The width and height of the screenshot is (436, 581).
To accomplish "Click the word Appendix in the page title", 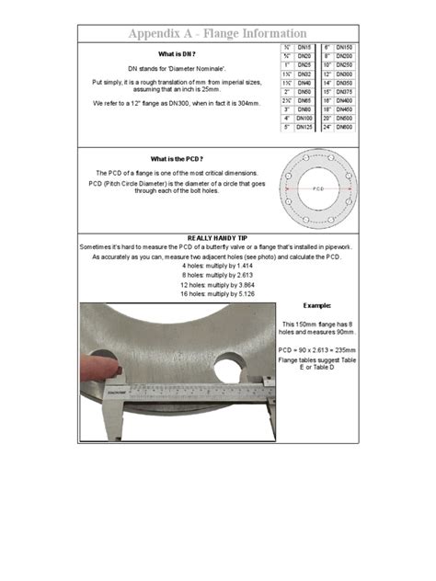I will pyautogui.click(x=159, y=34).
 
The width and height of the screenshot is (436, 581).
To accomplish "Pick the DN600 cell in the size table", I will pyautogui.click(x=345, y=128).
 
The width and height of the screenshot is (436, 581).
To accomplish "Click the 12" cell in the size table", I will pyautogui.click(x=327, y=74).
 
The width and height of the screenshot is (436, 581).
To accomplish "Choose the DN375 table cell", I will pyautogui.click(x=345, y=92).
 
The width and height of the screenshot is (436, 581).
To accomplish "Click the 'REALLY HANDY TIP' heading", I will pyautogui.click(x=217, y=236).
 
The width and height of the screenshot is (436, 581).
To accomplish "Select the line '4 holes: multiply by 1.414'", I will pyautogui.click(x=217, y=266).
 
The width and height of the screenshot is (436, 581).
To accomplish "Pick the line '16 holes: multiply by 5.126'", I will pyautogui.click(x=217, y=293).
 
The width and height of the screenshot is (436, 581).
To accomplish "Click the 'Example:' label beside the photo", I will pyautogui.click(x=316, y=304).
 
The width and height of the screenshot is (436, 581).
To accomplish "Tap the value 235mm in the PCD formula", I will pyautogui.click(x=343, y=350).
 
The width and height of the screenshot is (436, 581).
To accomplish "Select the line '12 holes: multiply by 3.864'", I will pyautogui.click(x=217, y=284).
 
